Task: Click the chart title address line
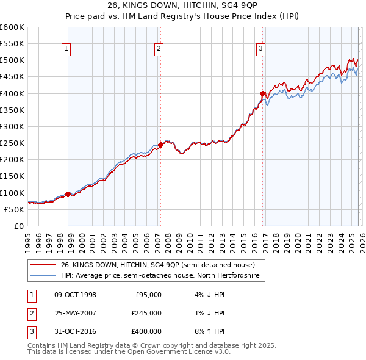[182, 7]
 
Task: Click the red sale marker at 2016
[263, 94]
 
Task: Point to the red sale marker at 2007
[160, 145]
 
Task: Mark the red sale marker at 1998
[68, 195]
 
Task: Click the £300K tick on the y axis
[12, 126]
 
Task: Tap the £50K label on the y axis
[14, 209]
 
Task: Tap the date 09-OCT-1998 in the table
[76, 294]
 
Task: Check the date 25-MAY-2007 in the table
[76, 313]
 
